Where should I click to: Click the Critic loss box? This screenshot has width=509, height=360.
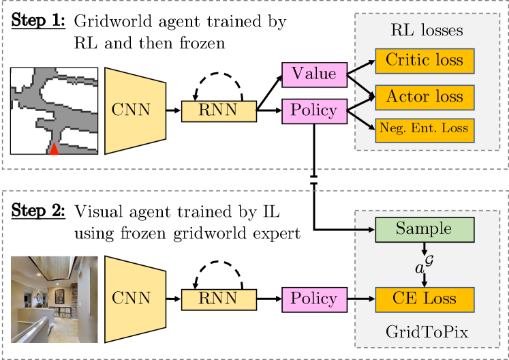tap(425, 61)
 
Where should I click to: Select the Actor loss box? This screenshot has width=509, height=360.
tap(425, 97)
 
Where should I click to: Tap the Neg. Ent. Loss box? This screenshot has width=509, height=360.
tap(425, 130)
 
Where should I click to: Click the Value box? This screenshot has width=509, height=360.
tap(314, 75)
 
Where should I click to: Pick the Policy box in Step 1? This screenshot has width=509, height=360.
tap(314, 111)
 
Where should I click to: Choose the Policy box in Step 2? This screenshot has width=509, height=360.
tap(314, 299)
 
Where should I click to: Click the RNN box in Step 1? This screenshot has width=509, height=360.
tap(219, 111)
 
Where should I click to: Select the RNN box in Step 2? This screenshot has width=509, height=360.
tap(219, 299)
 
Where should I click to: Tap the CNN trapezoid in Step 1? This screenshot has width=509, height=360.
tap(136, 110)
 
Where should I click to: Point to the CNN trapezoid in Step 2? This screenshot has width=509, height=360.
tap(136, 299)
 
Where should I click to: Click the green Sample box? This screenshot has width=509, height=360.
tap(425, 230)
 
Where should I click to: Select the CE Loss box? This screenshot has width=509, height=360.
tap(425, 299)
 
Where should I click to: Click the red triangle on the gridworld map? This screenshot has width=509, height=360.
tap(54, 149)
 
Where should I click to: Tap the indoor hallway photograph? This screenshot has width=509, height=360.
tap(55, 299)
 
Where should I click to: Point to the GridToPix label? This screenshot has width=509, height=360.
tap(427, 332)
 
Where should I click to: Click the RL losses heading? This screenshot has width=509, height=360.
tap(427, 30)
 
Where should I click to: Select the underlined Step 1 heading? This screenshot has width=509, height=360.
tap(38, 20)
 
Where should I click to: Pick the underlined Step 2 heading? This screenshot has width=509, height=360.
tap(38, 211)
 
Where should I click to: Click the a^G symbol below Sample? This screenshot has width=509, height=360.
tap(424, 265)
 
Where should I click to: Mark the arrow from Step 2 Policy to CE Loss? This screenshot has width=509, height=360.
tap(361, 299)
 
